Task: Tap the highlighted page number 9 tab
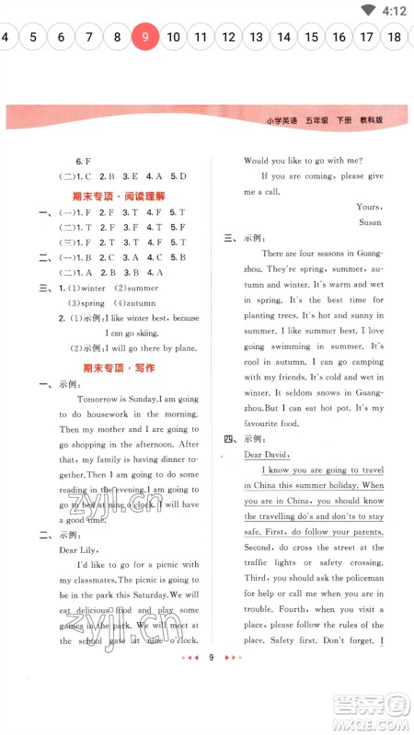(x=144, y=37)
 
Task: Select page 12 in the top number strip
(x=229, y=37)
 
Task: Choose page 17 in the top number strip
(x=367, y=37)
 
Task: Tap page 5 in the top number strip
(x=33, y=37)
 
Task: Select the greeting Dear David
(x=267, y=455)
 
